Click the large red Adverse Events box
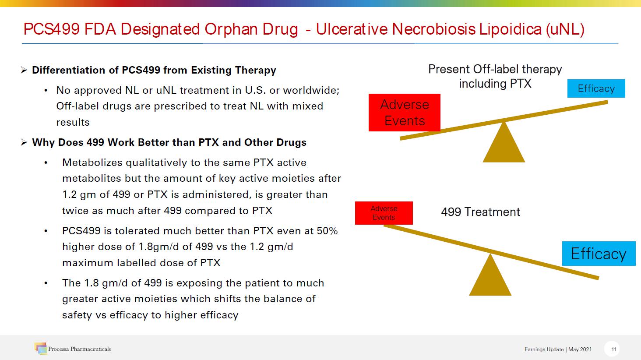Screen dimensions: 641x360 (404, 113)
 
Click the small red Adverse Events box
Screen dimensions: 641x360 (384, 213)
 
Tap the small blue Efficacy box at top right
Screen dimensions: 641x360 (596, 88)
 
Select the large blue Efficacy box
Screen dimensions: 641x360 (599, 254)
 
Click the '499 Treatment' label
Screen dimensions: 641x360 (480, 212)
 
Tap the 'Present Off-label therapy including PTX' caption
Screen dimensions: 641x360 (495, 76)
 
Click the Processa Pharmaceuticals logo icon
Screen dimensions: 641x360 (41, 348)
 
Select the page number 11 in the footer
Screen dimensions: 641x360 (613, 349)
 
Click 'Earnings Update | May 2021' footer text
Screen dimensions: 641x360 (558, 349)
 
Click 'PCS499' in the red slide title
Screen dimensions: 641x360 (52, 29)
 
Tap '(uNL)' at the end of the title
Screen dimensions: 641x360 (565, 29)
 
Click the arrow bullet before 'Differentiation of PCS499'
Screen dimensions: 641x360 (24, 70)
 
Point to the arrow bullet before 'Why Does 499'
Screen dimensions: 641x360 (24, 142)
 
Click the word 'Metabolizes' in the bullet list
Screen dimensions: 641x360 (92, 162)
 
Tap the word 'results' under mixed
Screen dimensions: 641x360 (73, 123)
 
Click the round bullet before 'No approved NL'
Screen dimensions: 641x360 (46, 91)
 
